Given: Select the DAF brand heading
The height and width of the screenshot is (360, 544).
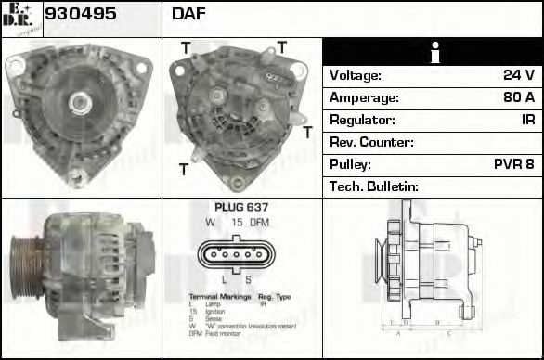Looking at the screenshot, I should pos(188,15).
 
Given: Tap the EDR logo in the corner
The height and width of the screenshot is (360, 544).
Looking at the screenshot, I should pos(19,18).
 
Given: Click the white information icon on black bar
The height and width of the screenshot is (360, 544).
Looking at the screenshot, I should pos(433,52).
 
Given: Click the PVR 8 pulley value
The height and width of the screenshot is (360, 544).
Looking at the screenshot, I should pos(513,164).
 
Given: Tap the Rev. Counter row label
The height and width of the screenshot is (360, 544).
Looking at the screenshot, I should pos(371,143).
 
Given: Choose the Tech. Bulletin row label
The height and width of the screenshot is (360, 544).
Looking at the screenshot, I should pos(374,186).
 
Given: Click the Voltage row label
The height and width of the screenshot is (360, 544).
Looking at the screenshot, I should pos(356,76).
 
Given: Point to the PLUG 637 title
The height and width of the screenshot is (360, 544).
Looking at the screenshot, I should pos(241,208).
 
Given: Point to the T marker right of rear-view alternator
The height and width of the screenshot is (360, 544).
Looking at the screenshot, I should pos(307,133).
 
